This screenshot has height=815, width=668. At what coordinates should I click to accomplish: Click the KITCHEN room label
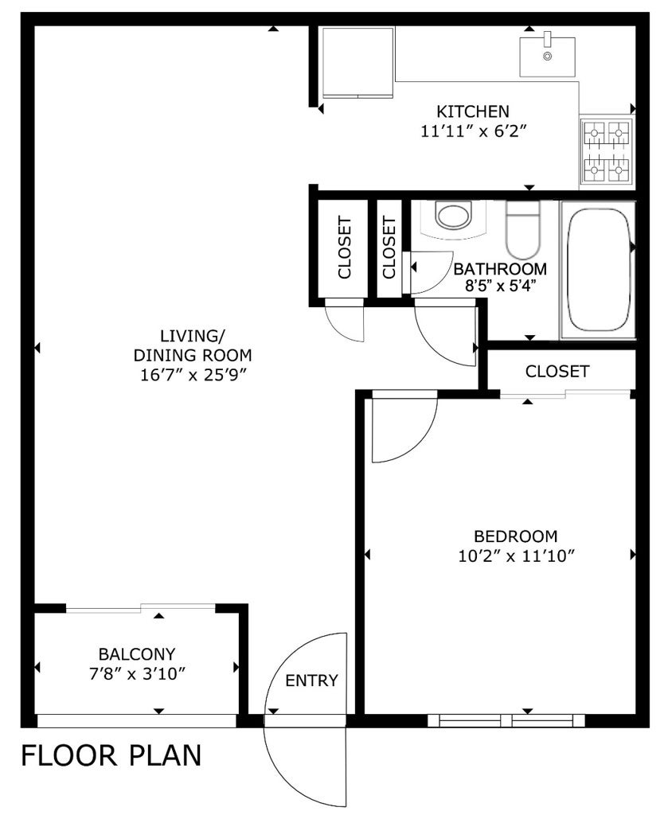[x=472, y=111]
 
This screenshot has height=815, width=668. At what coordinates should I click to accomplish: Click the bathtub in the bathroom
[x=599, y=271]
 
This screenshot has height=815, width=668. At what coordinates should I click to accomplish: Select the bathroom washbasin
[x=455, y=217]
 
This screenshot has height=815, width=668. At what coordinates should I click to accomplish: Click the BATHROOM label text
[x=500, y=268]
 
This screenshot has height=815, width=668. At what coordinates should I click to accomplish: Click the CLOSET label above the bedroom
[x=557, y=371]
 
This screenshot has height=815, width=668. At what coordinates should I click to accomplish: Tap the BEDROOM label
[x=515, y=536]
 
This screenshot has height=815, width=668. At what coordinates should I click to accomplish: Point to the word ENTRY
[x=311, y=680]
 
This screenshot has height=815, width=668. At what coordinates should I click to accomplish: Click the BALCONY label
[x=137, y=654]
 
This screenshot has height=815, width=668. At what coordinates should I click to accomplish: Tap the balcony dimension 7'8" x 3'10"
[x=137, y=673]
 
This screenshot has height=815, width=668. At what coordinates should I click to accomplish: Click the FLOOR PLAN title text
[x=111, y=755]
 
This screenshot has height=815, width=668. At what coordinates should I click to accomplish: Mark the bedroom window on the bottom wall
[x=506, y=720]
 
